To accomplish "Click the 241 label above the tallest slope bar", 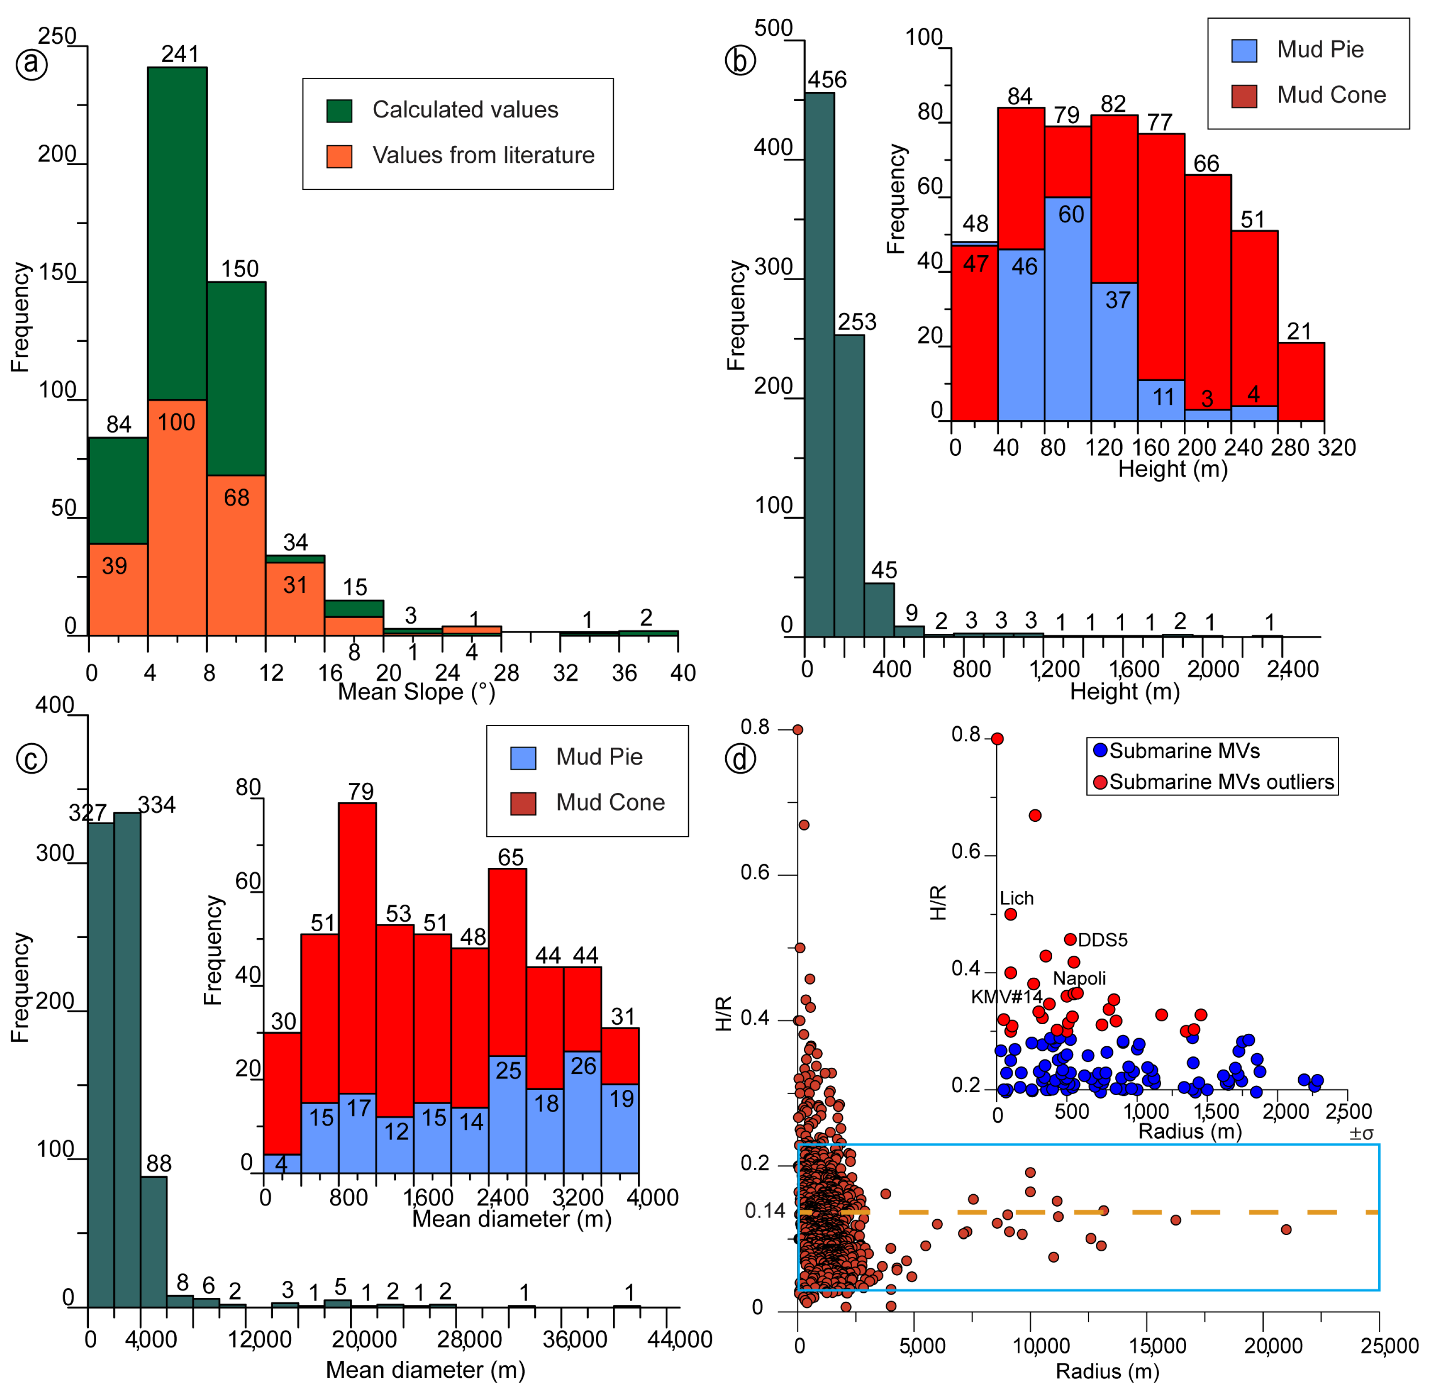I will tap(180, 54).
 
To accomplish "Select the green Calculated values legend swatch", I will tap(338, 110).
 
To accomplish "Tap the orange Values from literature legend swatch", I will tap(338, 156).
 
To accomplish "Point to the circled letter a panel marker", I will tap(31, 63).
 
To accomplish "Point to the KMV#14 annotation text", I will tap(1006, 997).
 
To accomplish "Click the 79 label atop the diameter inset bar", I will tap(361, 791).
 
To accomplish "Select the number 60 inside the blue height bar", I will tap(1071, 214).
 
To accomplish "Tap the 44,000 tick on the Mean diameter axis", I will tap(680, 1340).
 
